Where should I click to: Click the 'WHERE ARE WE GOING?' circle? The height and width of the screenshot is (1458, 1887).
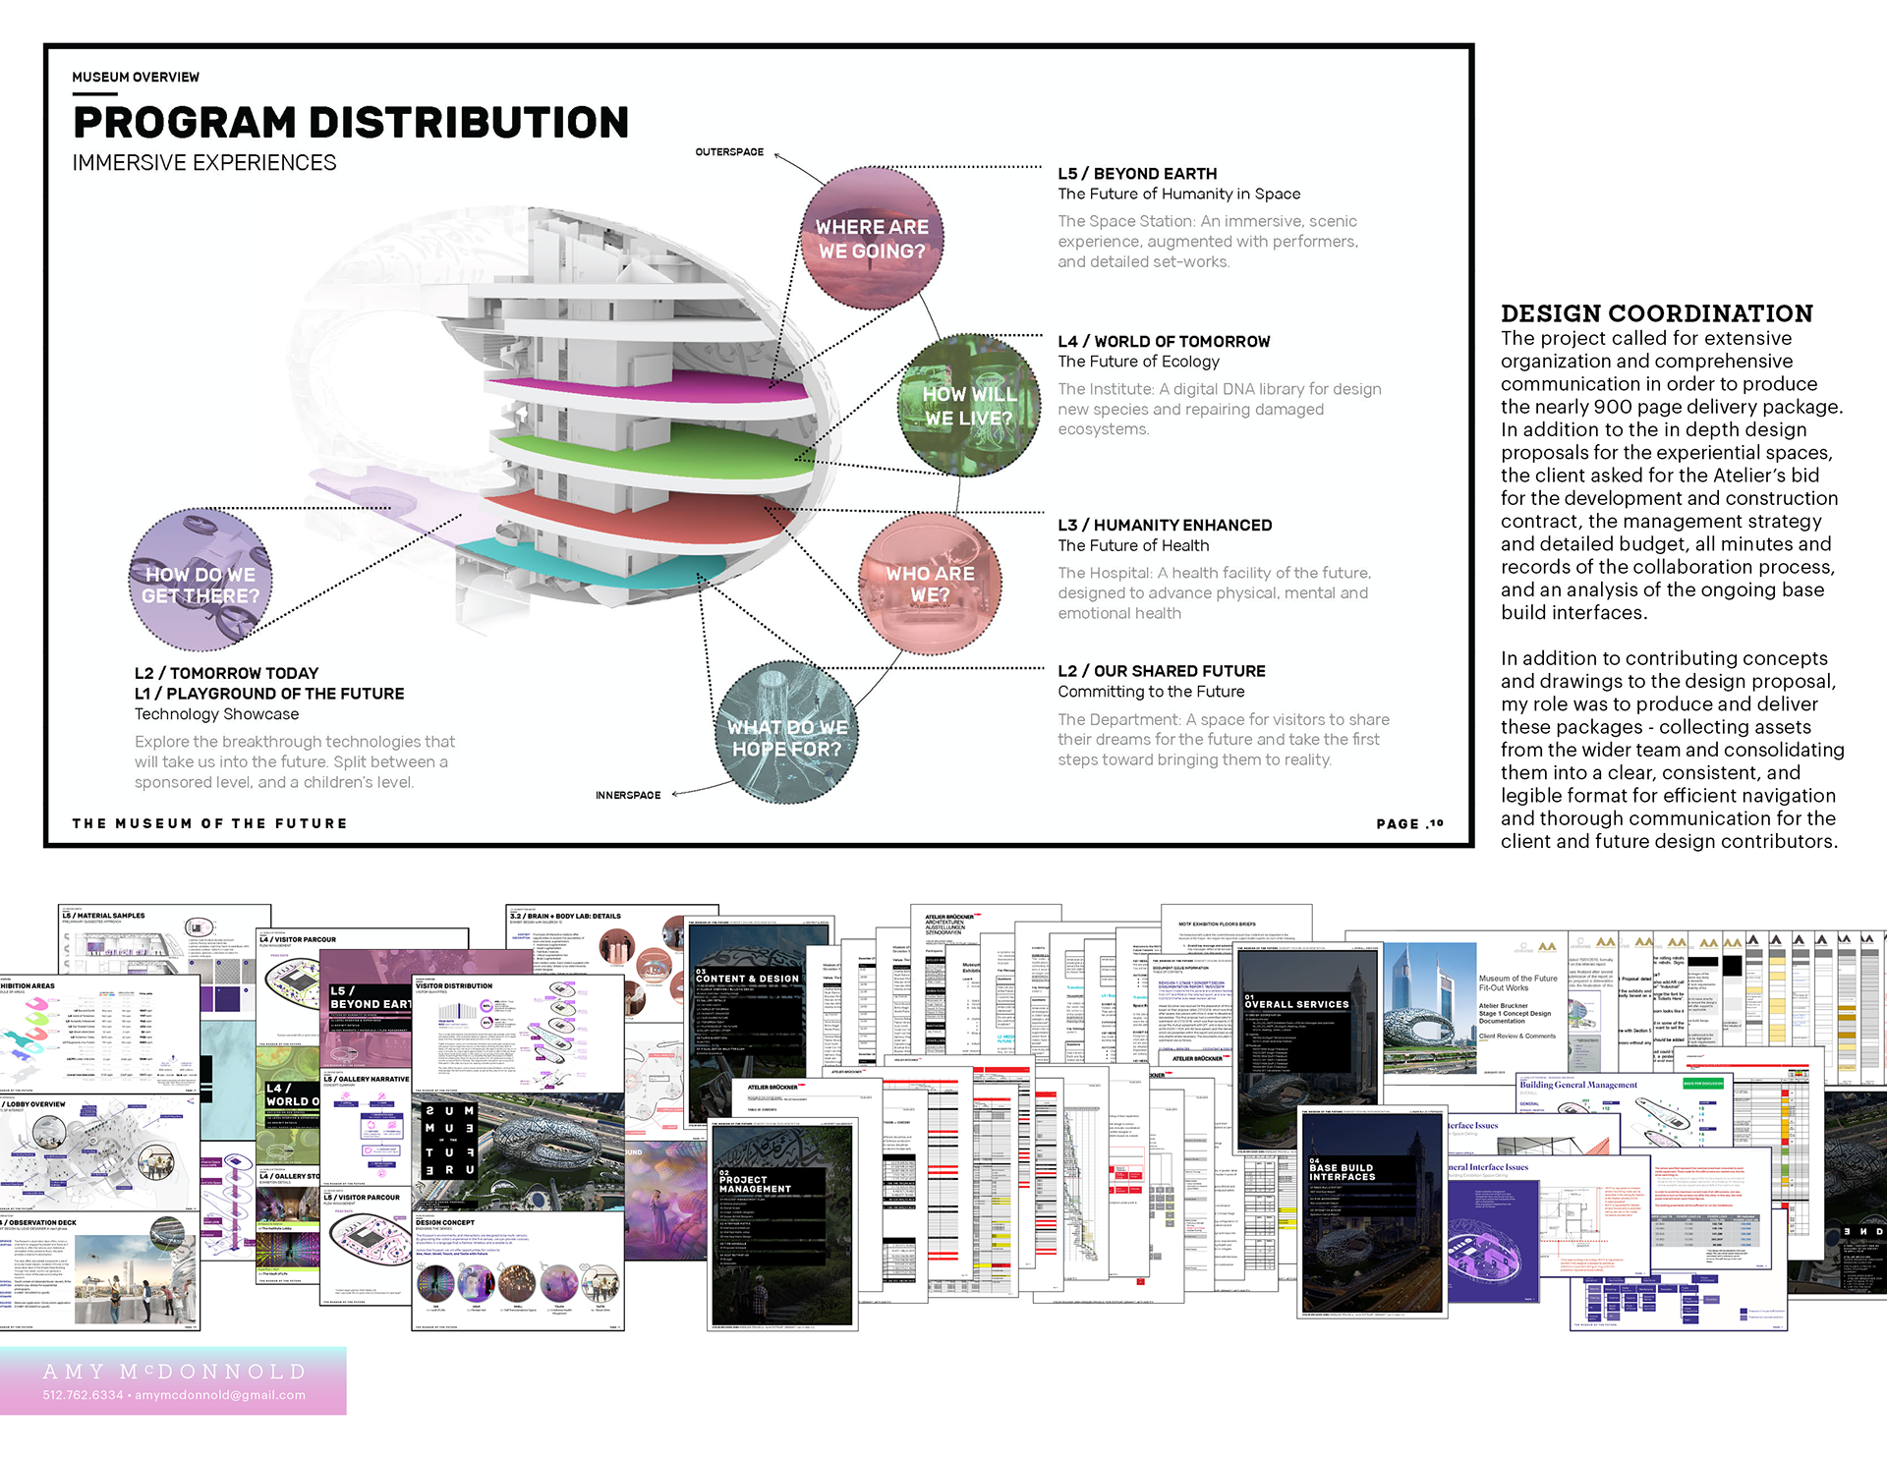(872, 239)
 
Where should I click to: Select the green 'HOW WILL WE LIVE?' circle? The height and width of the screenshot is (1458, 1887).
(969, 406)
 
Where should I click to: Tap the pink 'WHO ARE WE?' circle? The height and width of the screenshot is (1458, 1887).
(930, 584)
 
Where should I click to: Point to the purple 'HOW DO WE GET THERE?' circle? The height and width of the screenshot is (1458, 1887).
(200, 582)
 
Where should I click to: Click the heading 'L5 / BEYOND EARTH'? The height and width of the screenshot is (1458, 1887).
(1137, 174)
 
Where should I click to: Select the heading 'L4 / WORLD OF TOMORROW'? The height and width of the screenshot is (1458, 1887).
(1164, 342)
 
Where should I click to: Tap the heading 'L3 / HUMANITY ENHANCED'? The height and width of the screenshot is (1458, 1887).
(1165, 526)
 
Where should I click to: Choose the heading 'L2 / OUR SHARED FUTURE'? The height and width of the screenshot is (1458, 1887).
(1162, 671)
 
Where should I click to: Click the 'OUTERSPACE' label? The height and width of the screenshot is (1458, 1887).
(729, 152)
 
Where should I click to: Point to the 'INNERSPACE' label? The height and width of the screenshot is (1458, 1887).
(628, 795)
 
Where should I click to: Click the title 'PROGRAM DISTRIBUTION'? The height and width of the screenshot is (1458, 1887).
(351, 123)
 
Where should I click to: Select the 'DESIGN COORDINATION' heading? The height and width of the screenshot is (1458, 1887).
(1656, 313)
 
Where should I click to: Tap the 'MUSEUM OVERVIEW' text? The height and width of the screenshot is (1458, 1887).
(136, 78)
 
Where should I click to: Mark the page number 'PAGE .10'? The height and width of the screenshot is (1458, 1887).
(1409, 823)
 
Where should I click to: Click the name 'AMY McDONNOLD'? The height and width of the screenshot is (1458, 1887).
(175, 1372)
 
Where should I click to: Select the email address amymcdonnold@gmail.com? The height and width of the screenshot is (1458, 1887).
(220, 1395)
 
